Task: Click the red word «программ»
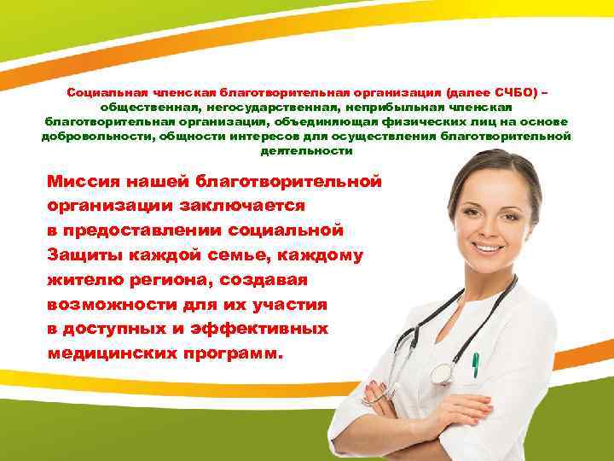(234, 353)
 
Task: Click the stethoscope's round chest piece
(442, 372)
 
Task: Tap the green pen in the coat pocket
(475, 365)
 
